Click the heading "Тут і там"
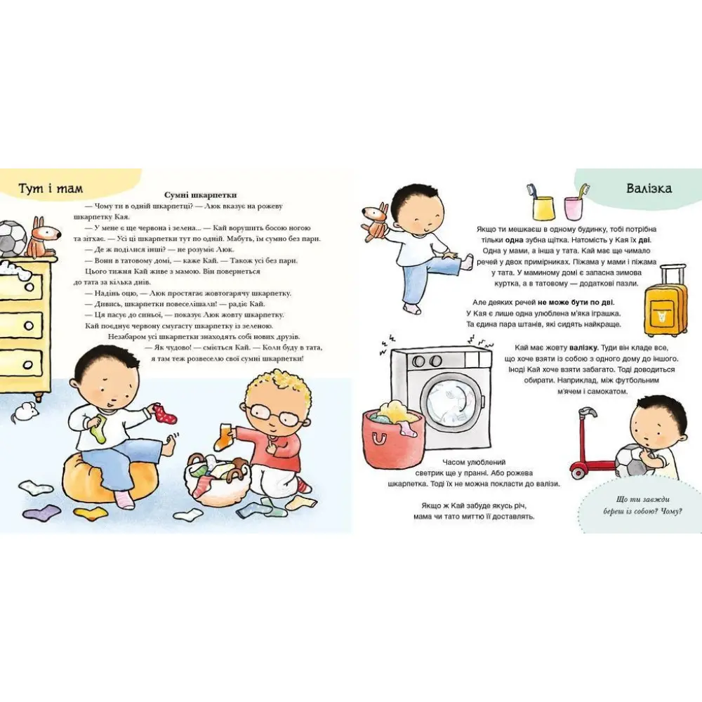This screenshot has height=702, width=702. tap(51, 188)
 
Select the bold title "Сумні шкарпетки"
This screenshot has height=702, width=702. tap(200, 195)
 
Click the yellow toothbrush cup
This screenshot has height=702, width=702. tap(543, 206)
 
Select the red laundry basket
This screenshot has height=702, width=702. tap(392, 439)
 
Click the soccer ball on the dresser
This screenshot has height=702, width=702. tap(13, 239)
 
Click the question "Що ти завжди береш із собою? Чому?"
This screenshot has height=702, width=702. tap(642, 505)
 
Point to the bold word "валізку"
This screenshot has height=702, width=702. tap(584, 348)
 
